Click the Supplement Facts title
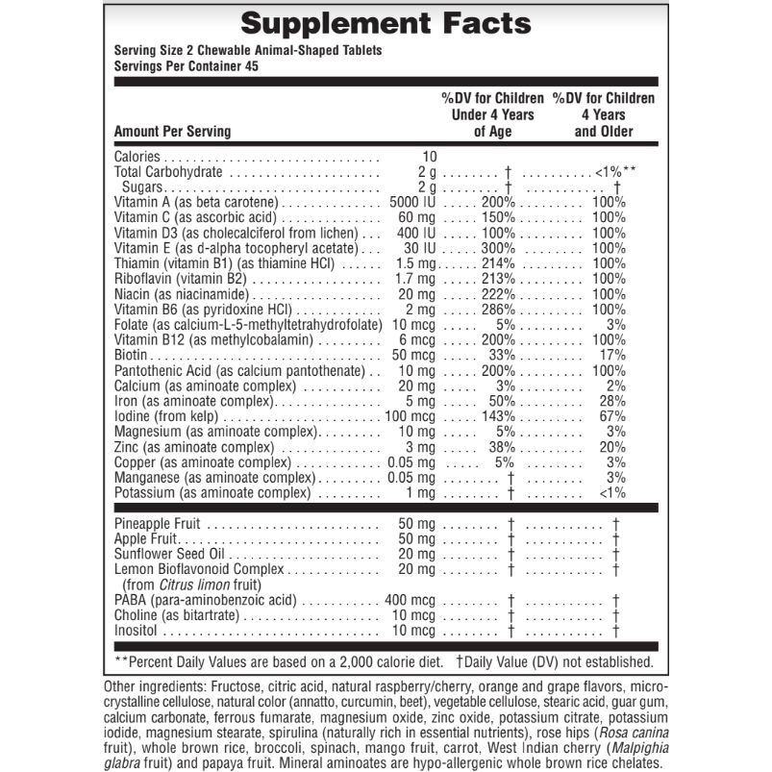385,23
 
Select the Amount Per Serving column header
172,132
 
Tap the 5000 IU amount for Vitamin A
413,203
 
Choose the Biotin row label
132,355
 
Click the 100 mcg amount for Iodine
411,416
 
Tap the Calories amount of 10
430,157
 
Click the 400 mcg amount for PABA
411,600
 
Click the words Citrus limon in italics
191,585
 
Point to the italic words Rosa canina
622,734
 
